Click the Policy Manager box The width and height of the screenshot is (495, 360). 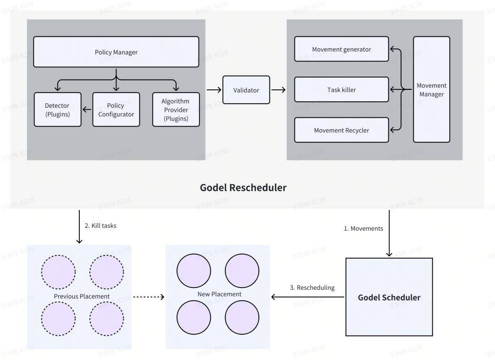(x=116, y=52)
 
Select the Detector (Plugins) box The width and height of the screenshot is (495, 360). (x=57, y=110)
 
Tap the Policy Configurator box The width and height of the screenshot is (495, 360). (x=116, y=110)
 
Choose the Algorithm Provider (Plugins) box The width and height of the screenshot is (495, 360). (x=176, y=110)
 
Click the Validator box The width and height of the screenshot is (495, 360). (x=246, y=90)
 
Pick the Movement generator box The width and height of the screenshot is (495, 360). (x=341, y=49)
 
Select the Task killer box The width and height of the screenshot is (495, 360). (x=341, y=90)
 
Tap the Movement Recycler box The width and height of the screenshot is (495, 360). (x=341, y=130)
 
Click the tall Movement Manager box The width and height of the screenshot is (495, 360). (x=432, y=89)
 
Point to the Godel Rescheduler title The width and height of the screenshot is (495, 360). (x=243, y=188)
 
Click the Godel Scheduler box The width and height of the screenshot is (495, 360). (x=389, y=297)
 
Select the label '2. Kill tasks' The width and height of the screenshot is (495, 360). (x=100, y=226)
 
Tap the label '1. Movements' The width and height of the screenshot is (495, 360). (x=363, y=228)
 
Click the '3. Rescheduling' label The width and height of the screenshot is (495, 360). (x=312, y=288)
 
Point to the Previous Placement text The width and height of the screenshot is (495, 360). (x=82, y=296)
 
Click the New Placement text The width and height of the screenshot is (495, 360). (x=220, y=294)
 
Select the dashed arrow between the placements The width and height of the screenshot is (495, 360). (x=148, y=297)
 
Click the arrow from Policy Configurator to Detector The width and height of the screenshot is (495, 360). (x=87, y=110)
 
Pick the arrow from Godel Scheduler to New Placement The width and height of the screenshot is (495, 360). (x=308, y=297)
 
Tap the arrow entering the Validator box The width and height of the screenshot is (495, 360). (x=214, y=90)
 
